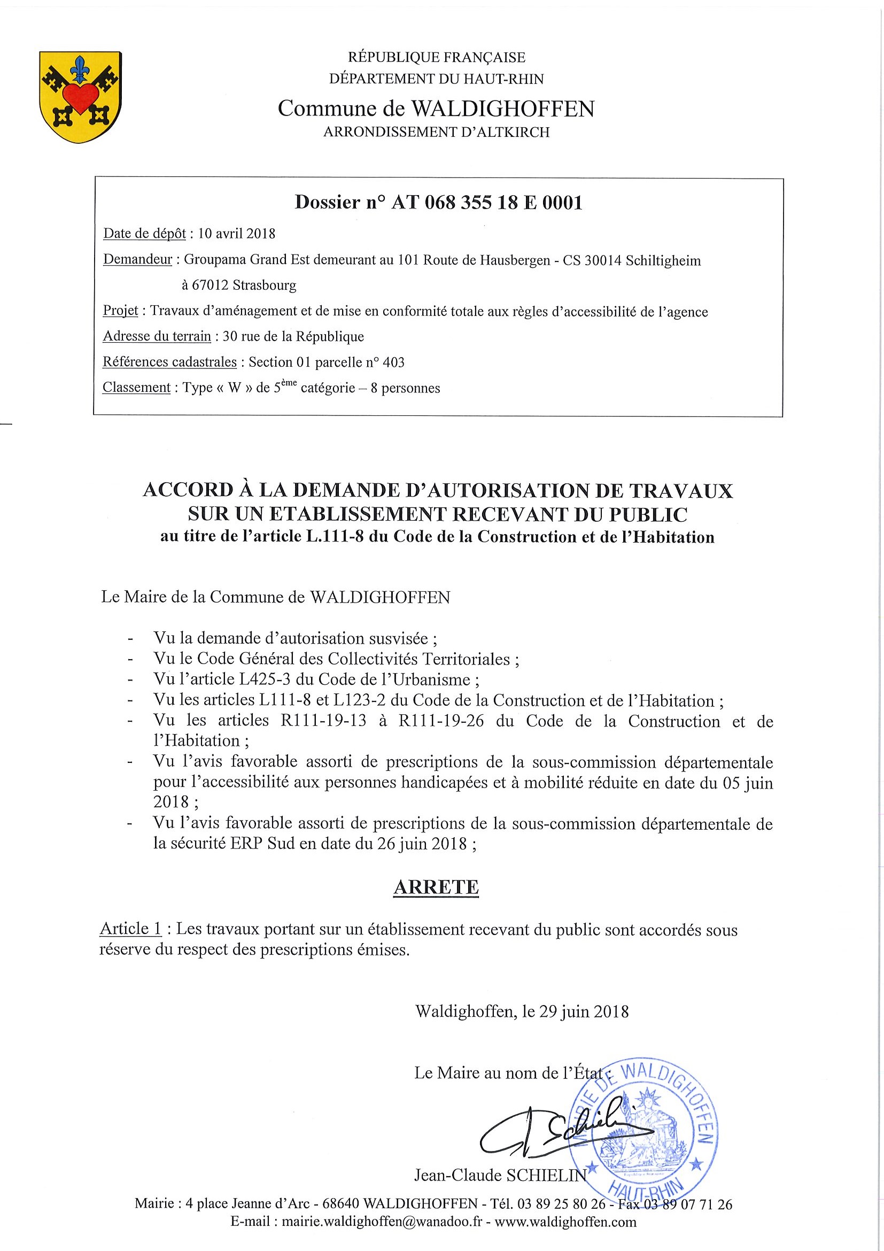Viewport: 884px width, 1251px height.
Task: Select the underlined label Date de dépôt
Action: pos(144,234)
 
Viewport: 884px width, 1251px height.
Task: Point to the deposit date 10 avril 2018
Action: pos(236,234)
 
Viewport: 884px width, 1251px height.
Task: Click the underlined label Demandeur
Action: pos(138,259)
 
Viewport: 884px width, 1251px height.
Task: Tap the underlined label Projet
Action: pos(120,311)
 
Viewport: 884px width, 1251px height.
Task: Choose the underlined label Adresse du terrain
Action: pos(157,336)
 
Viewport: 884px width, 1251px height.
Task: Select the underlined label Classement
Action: pos(137,388)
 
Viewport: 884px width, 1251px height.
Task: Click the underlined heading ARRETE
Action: pos(436,886)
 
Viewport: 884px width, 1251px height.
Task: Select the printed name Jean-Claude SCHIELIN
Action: pos(501,1175)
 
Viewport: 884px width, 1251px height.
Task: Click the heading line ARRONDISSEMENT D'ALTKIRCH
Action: pos(436,133)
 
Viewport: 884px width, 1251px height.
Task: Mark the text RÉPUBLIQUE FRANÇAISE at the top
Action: pos(436,57)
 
